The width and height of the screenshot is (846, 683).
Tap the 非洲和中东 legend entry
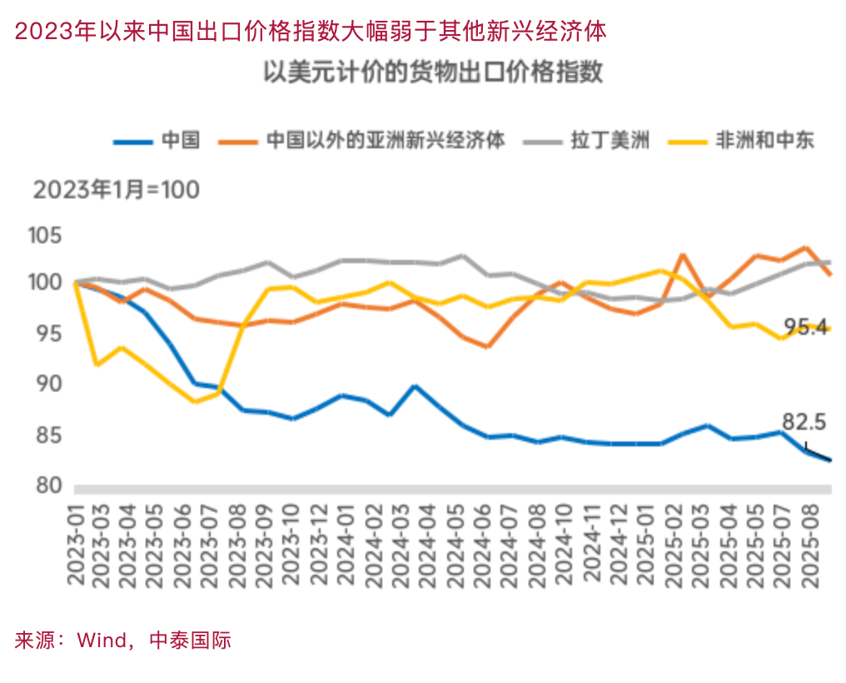click(764, 140)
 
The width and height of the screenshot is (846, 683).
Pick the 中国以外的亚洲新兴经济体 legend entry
click(386, 140)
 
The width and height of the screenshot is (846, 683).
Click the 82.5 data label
click(804, 423)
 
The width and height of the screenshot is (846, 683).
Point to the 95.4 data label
click(806, 327)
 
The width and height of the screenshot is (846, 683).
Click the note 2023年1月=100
click(116, 190)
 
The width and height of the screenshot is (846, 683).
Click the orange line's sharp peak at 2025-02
click(683, 255)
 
